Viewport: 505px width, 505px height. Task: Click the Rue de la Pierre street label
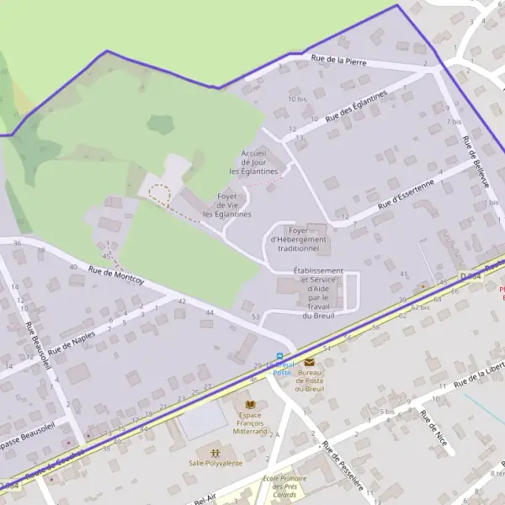point(338,59)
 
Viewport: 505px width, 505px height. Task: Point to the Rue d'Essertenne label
point(407,194)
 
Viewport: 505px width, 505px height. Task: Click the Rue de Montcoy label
point(115,275)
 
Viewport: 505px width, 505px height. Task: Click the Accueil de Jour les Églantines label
point(253,162)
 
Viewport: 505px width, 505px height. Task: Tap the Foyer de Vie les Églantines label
point(227,205)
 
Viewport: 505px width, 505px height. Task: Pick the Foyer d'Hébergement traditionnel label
point(298,240)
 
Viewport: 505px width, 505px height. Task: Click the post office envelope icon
point(309,362)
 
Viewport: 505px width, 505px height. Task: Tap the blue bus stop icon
point(280,355)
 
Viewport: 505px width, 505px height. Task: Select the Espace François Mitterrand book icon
point(250,406)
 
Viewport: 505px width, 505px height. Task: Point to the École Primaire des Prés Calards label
point(284,487)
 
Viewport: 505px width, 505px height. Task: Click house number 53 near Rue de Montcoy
point(256,316)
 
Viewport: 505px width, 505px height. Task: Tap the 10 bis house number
point(296,99)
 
